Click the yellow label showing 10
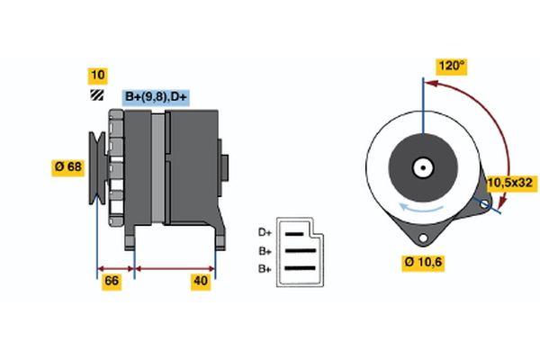point(97,74)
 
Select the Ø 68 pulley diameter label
point(68,166)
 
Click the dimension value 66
point(112,282)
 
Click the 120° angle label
point(452,66)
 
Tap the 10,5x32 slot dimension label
point(511,183)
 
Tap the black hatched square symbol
point(96,94)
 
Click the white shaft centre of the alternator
point(421,166)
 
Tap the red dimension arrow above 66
point(116,268)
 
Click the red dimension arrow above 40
point(175,268)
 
